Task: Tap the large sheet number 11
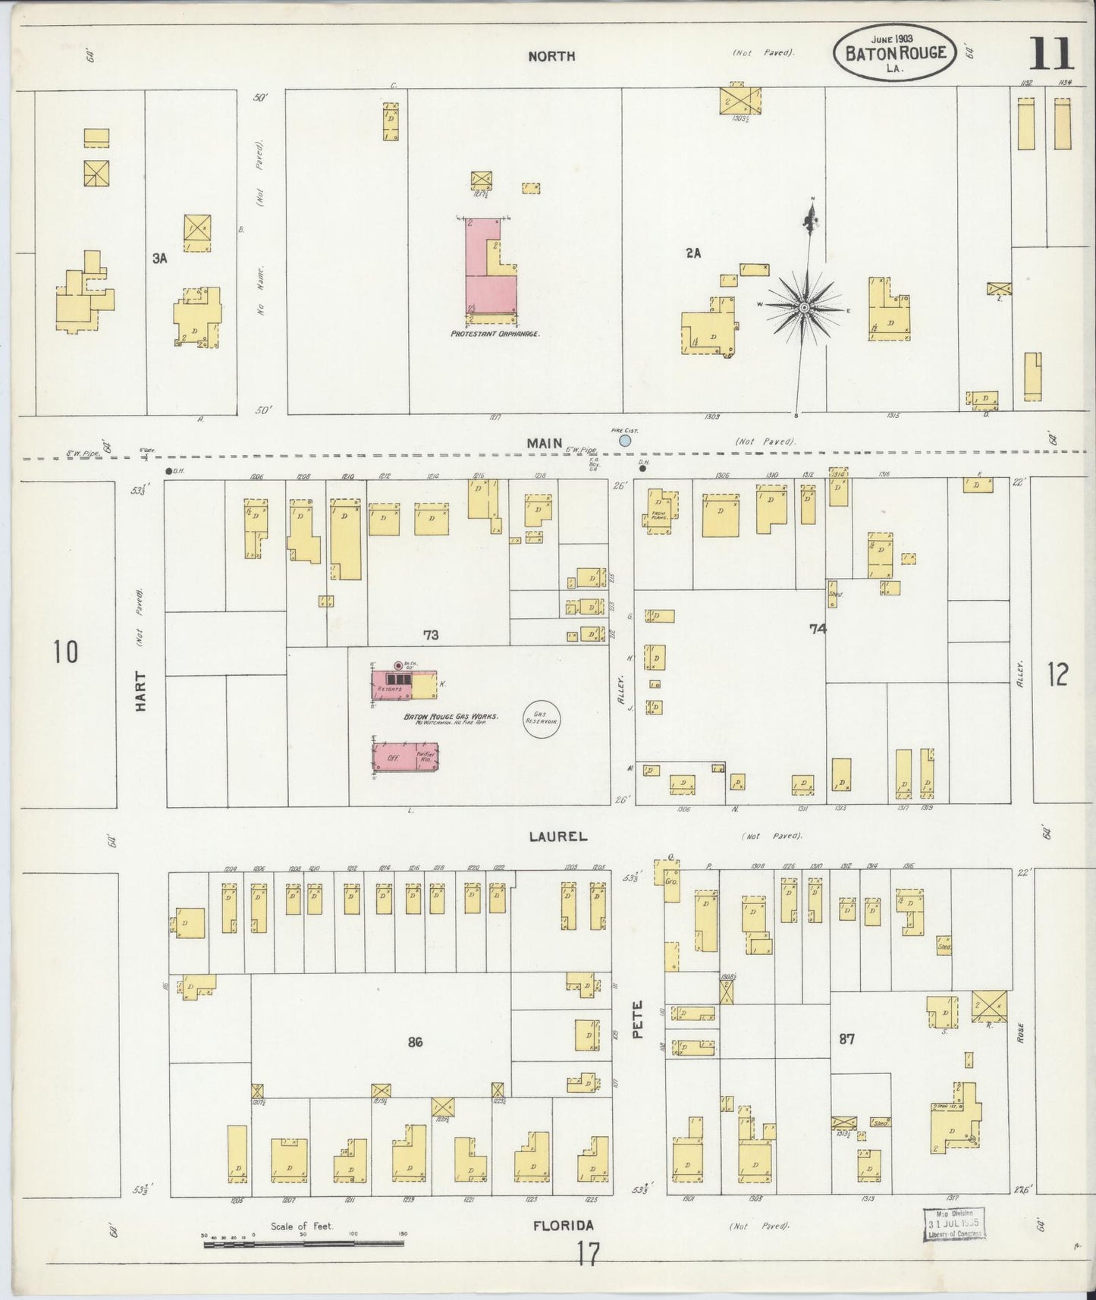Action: coord(1051,54)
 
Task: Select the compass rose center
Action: coord(804,307)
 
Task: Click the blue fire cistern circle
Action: coord(625,440)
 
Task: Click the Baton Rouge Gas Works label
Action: coord(451,716)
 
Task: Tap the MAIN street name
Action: coord(546,443)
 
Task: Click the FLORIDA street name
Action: coord(563,1225)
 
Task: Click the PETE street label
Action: coord(637,1018)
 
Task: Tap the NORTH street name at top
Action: coord(551,56)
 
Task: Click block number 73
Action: coord(431,635)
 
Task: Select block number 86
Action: coord(414,1041)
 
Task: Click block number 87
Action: coord(846,1038)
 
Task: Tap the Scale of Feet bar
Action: coord(303,1243)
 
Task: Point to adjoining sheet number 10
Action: coord(66,652)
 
